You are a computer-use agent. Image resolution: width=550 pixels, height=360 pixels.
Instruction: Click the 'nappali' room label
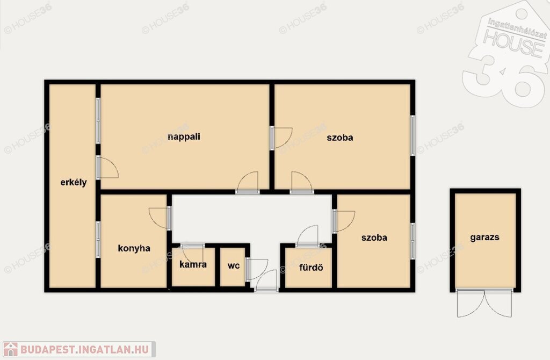pos(184,136)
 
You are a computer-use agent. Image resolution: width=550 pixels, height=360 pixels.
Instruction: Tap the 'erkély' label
pos(73,183)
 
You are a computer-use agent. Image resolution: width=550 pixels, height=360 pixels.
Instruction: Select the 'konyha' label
pos(134,248)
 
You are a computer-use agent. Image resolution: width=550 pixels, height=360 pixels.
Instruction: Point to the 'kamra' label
pos(193,264)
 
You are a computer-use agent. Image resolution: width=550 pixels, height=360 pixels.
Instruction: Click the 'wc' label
pos(234,265)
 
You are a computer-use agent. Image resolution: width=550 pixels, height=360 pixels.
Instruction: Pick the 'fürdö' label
pos(311,268)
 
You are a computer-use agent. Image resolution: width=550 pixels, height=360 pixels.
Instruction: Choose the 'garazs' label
pos(484,237)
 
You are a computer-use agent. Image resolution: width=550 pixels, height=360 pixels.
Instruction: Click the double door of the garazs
pos(484,303)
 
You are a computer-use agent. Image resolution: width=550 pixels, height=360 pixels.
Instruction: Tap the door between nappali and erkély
pos(107,168)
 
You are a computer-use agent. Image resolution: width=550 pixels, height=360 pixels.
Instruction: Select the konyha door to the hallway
pos(159,218)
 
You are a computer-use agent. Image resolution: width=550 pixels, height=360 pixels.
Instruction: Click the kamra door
pos(193,252)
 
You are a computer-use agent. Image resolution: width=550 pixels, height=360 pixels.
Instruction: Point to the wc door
pos(257,269)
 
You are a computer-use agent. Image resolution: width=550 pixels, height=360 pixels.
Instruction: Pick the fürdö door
pos(308,236)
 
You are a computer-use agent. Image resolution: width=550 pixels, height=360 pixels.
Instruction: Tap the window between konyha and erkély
pos(98,240)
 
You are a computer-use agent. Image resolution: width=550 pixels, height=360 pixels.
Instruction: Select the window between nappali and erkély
pos(98,121)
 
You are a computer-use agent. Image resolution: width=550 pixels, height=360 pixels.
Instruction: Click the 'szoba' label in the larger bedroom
pos(340,138)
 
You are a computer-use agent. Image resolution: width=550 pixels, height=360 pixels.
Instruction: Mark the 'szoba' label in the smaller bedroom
pos(374,237)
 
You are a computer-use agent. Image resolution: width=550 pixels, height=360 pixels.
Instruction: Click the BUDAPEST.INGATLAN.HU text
pos(84,349)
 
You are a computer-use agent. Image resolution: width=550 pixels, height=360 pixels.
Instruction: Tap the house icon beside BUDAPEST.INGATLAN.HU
pos(10,349)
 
